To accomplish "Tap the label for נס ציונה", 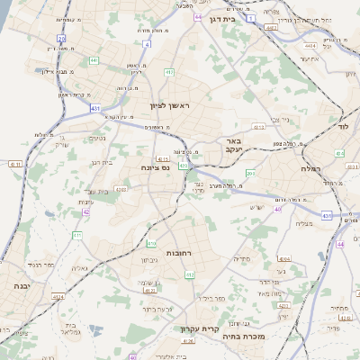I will click(156, 167).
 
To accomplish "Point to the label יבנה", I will click(20, 284).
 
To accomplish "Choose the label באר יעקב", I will click(233, 145).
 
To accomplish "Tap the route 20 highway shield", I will click(61, 39).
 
